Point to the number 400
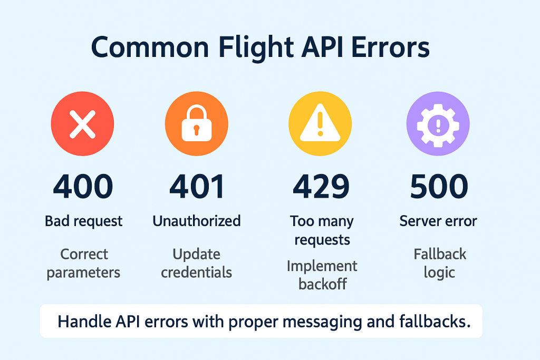pos(83,187)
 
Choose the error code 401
pos(197,187)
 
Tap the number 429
pos(321,187)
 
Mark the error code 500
pos(438,187)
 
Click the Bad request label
pos(83,221)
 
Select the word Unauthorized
pos(197,221)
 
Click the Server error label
pos(438,221)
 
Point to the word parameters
pos(83,273)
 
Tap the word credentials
pos(197,273)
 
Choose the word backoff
pos(322,285)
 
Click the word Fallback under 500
pos(440,255)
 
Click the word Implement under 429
pos(322,266)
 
